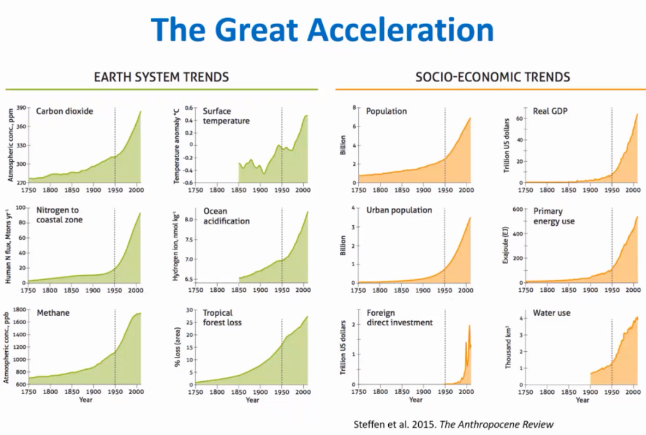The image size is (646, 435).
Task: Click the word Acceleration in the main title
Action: tap(401, 29)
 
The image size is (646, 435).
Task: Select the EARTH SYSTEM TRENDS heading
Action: tap(161, 77)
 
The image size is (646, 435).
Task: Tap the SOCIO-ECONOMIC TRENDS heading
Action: tap(492, 77)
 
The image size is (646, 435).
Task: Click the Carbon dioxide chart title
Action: tap(65, 111)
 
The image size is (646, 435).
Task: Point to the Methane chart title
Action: tap(53, 313)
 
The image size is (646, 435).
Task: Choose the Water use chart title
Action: tap(551, 313)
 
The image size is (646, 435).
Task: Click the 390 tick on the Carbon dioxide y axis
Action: tap(22, 108)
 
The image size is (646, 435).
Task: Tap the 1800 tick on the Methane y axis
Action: tap(20, 310)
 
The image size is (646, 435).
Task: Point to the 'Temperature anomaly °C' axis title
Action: tap(176, 146)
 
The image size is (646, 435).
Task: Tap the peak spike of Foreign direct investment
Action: tap(469, 326)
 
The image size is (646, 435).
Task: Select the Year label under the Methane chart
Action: tap(86, 400)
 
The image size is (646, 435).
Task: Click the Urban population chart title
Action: tap(399, 211)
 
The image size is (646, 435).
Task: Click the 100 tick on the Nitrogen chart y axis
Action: tap(20, 209)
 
